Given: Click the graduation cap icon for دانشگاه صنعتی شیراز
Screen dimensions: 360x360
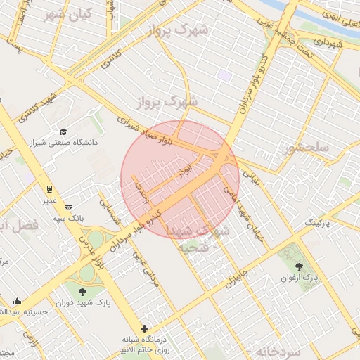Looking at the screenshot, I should pos(63,131).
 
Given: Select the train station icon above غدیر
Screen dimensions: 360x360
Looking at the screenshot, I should pos(49,189).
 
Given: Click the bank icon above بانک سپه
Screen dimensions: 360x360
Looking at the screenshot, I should pos(68,207).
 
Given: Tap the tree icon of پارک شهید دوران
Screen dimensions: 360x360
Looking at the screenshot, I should pos(83,291).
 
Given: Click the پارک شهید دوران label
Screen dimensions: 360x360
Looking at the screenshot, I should pos(91,303).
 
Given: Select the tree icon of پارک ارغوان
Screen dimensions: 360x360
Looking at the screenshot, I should pos(300,267).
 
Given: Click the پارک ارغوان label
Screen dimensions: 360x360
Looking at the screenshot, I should pos(301,278).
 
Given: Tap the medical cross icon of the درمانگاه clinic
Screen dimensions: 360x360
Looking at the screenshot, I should pos(145,328).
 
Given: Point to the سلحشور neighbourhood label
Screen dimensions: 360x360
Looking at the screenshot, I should pos(307,148).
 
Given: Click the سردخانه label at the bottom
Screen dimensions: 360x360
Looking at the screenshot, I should pos(278,350).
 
